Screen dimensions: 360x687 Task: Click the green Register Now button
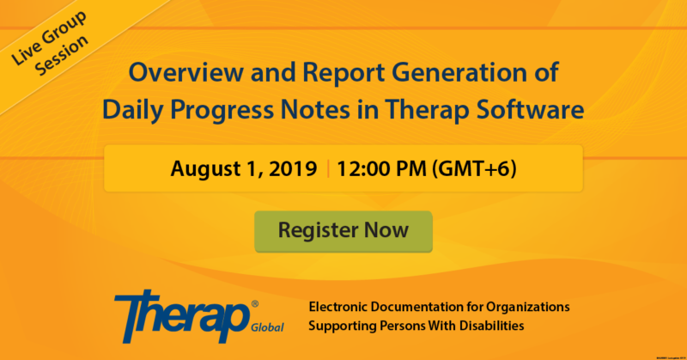point(343,230)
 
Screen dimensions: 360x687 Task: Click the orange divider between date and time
point(327,168)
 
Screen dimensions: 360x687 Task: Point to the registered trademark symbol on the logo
point(254,302)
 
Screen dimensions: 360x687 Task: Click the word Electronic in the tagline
point(343,307)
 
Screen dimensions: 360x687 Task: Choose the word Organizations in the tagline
point(526,307)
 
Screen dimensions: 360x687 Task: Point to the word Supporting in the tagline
point(344,326)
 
